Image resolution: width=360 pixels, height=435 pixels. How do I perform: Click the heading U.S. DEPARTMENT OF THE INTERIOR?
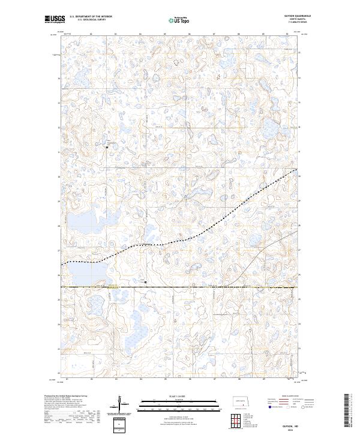pos(91,16)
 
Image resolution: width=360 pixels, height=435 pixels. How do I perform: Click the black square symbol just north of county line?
pos(145,280)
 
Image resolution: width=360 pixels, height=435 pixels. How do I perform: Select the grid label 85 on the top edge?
pos(165,34)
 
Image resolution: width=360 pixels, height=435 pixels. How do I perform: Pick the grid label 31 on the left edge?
pos(58,152)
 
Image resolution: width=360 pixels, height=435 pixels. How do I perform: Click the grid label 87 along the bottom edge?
pos(214,379)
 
